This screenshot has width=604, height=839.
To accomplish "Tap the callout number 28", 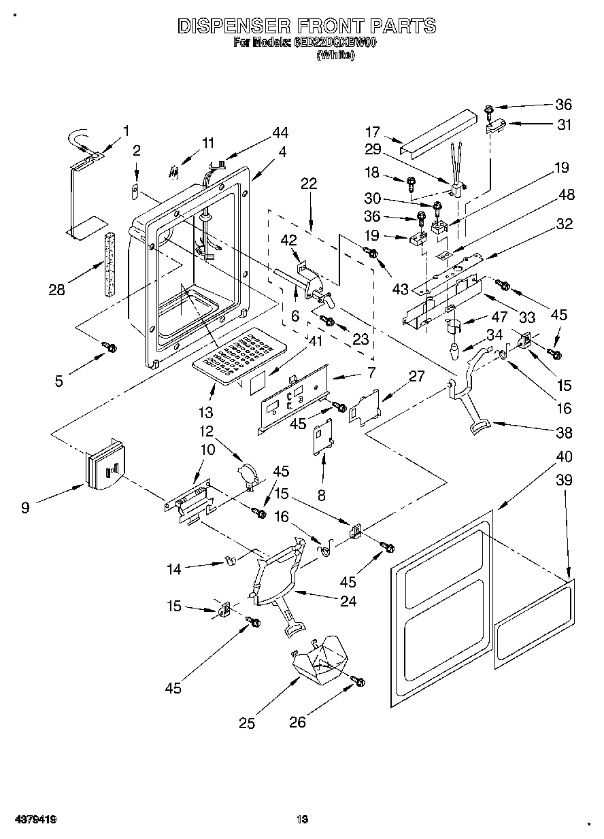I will coord(56,290).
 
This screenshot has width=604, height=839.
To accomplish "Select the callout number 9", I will coord(25,507).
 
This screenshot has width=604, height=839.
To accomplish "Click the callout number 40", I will coord(564,456).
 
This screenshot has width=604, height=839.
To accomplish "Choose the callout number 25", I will coord(247,723).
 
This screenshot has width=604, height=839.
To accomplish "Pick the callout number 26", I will coord(298,722).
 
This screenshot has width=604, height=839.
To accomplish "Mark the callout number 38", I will coord(564,432).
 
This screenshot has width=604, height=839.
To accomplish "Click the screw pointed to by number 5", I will coord(108,347).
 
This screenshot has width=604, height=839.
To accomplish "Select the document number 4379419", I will coord(33,820).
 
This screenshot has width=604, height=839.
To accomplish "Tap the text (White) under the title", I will coord(335,56).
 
